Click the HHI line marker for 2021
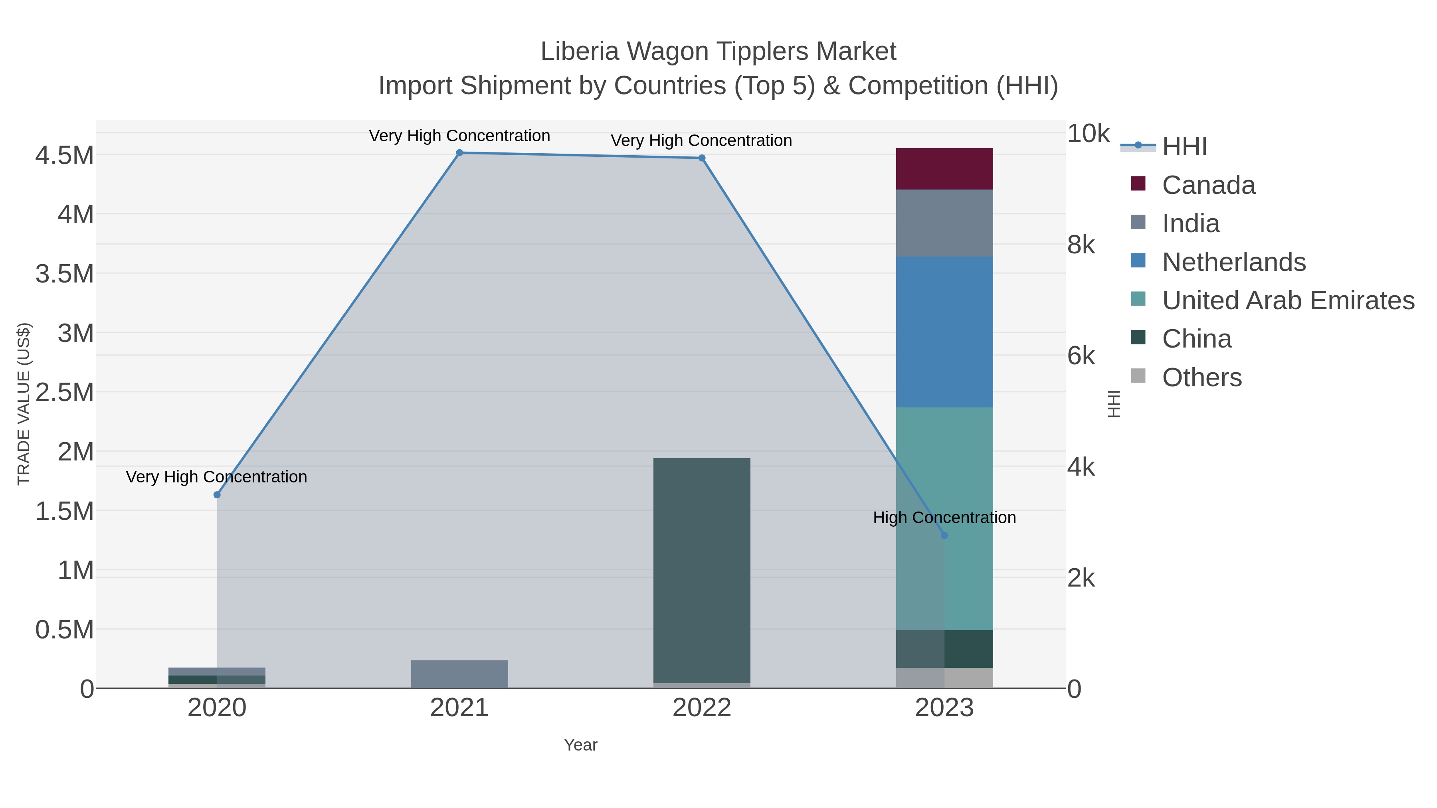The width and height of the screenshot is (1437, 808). pos(460,153)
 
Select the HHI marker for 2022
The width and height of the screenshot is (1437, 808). pos(702,158)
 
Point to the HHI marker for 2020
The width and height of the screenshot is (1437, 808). pos(217,495)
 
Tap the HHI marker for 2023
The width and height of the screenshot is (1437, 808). pos(944,535)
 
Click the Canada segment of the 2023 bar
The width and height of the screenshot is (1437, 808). pos(944,169)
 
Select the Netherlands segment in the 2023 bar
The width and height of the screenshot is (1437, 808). pos(944,332)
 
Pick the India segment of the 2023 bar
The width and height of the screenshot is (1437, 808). pos(944,223)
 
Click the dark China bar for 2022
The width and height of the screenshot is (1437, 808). pos(702,569)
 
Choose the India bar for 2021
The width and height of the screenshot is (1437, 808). pos(460,674)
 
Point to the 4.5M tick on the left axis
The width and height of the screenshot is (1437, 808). pos(65,156)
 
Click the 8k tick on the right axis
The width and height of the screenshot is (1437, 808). pos(1081,245)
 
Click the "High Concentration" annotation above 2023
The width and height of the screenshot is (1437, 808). pos(944,518)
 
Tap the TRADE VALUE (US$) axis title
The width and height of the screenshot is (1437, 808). pos(24,404)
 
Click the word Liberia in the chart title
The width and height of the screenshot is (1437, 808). pos(580,52)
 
